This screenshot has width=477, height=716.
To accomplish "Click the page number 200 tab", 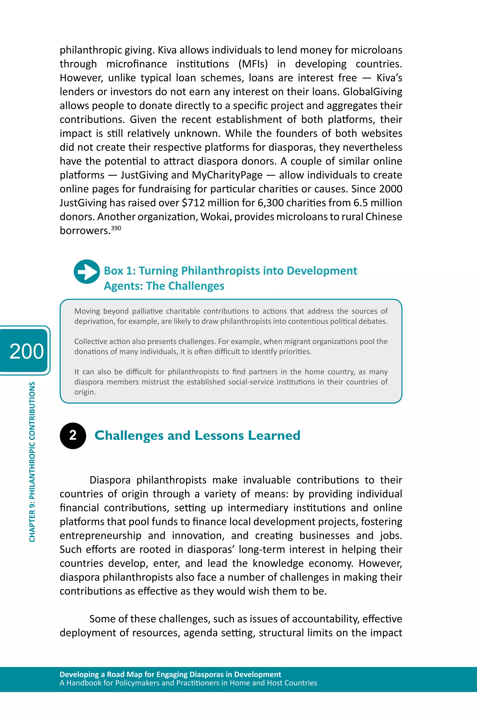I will point(26,351).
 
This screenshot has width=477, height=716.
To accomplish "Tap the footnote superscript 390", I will point(116,228).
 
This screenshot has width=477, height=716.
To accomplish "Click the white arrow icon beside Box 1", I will point(87,271).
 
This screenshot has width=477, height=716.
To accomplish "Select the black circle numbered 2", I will point(73,435).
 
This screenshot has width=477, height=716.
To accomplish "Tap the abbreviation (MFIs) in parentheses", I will point(253,64).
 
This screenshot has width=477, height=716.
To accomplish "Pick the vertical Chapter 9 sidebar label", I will point(32,462).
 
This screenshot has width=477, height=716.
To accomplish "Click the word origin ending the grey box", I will point(84,392).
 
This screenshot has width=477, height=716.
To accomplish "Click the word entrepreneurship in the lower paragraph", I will point(100,536).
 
